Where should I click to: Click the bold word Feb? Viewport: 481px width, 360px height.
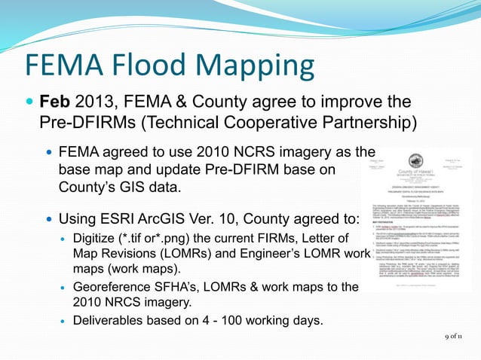pos(56,101)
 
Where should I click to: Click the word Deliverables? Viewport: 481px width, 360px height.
pos(108,321)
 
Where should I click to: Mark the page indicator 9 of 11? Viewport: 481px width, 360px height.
pos(455,337)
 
